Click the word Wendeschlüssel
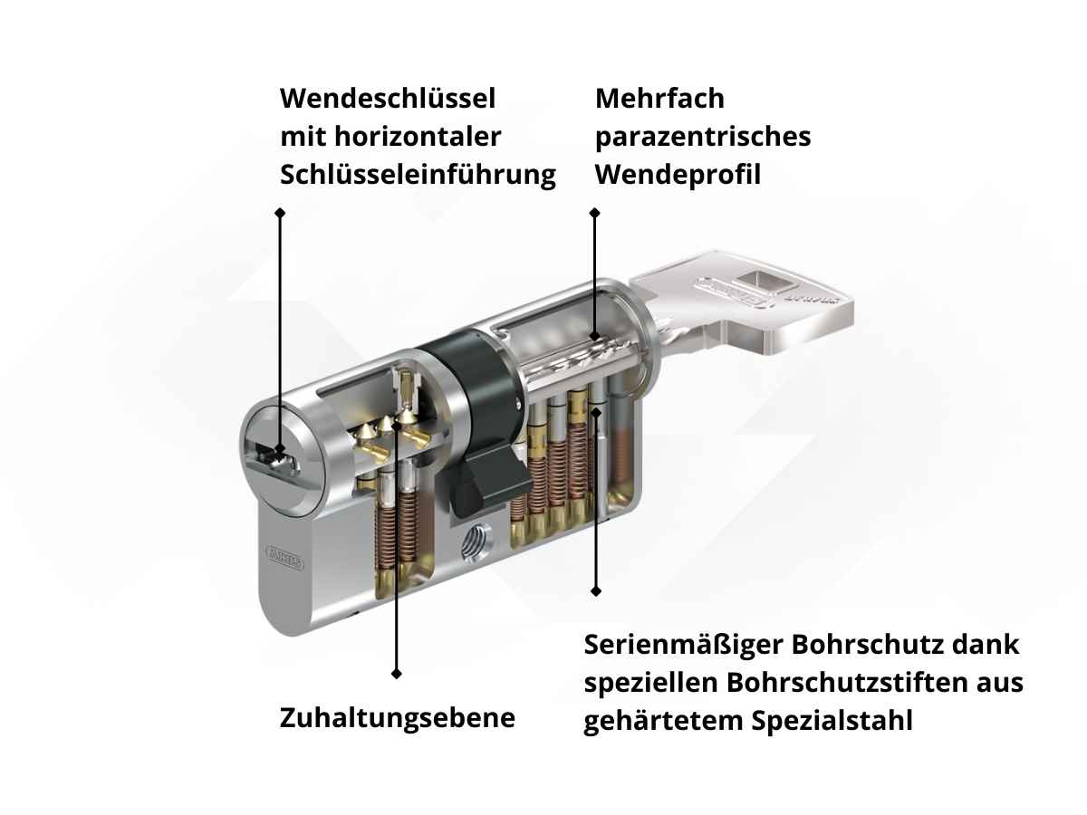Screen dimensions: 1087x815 [x=388, y=99]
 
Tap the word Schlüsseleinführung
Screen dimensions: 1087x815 [x=418, y=175]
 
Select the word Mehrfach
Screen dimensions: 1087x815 [x=659, y=99]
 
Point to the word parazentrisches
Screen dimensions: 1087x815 [x=703, y=138]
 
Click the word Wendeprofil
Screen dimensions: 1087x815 [x=678, y=175]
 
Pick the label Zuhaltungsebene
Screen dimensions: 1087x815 [x=398, y=718]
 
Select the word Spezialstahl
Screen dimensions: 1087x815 [x=832, y=722]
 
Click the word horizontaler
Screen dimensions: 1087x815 [x=418, y=137]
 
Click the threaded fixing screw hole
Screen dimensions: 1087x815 [x=476, y=544]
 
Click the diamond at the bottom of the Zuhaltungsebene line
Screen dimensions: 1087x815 [x=396, y=674]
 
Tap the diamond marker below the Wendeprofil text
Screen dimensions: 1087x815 [x=595, y=213]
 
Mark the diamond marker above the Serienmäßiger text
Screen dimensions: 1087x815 [x=596, y=590]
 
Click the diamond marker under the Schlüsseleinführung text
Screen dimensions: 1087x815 [x=280, y=212]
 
